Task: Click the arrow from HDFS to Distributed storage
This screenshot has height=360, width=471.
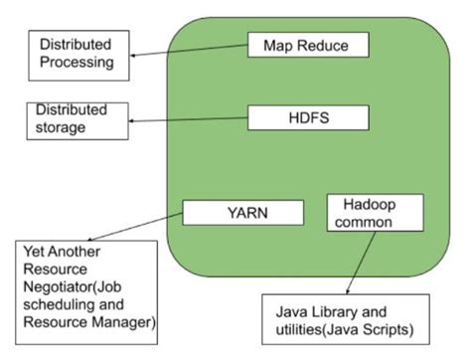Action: pos(190,121)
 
